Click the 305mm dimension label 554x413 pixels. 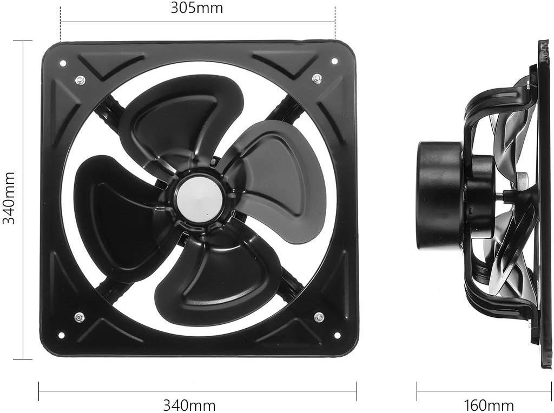196,8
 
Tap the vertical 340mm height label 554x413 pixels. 9,198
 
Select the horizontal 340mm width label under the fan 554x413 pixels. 189,405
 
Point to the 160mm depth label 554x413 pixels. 489,405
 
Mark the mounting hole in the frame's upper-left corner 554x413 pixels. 63,63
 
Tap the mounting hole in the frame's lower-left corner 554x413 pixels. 61,335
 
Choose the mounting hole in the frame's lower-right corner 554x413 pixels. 338,335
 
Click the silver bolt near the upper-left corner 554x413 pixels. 80,81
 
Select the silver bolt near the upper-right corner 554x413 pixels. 316,79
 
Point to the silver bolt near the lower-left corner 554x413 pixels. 80,317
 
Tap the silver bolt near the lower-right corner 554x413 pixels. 319,317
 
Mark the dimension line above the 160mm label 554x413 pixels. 484,392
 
